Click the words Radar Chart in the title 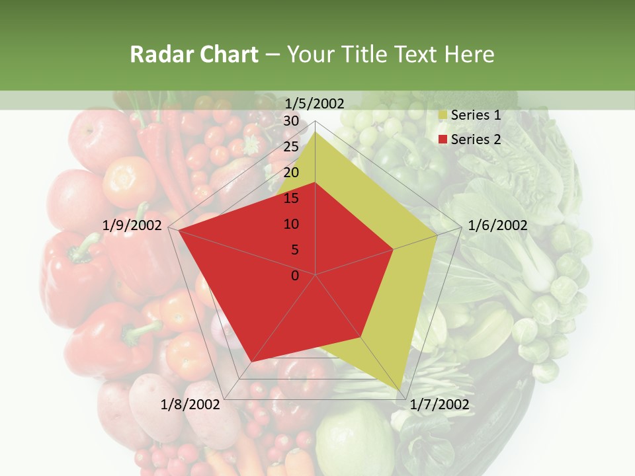(x=194, y=54)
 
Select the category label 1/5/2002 (x=314, y=103)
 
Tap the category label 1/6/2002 (x=497, y=225)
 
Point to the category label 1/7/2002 (x=439, y=405)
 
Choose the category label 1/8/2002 (x=191, y=405)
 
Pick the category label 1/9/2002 (x=132, y=225)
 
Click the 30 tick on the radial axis (x=291, y=121)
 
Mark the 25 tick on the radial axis (x=291, y=147)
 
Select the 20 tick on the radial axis (x=291, y=173)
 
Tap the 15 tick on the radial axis (x=291, y=198)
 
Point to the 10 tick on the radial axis (x=291, y=224)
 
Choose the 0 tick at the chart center (x=295, y=276)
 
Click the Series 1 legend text (x=476, y=115)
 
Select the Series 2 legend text (x=476, y=139)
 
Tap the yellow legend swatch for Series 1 (x=443, y=116)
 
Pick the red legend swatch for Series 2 (x=443, y=140)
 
